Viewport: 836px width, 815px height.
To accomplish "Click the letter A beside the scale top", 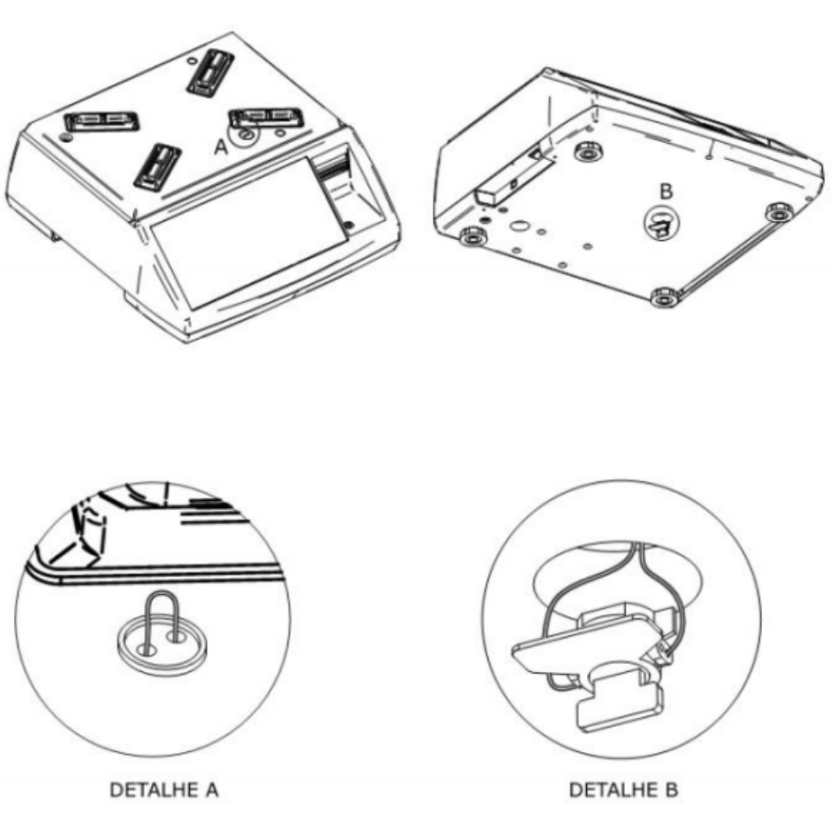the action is [x=221, y=147].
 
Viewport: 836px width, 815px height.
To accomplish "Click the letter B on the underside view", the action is [x=666, y=191].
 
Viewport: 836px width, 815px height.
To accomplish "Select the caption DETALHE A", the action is [x=164, y=789].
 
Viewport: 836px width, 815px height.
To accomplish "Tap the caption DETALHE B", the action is [x=623, y=789].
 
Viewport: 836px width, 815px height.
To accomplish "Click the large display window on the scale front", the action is [x=250, y=233].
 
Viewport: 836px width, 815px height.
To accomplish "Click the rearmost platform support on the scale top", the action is [x=211, y=73].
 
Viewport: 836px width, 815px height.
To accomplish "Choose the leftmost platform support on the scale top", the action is [x=101, y=122].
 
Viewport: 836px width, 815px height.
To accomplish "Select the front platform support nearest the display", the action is [x=157, y=166].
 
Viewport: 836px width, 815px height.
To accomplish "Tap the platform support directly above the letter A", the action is [x=266, y=117].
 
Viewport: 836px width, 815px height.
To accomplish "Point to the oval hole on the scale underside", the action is [x=518, y=226].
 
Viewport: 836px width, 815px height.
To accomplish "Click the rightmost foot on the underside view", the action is [x=779, y=212].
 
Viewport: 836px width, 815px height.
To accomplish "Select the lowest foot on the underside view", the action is [x=666, y=297].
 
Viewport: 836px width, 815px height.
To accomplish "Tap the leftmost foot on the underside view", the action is [x=472, y=236].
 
